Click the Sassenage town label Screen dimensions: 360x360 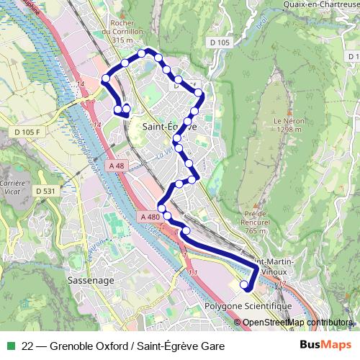[x=86, y=277]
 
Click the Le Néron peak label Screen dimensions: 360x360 [x=287, y=125]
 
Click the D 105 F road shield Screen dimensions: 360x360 [x=27, y=132]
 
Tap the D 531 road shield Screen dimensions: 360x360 [x=45, y=191]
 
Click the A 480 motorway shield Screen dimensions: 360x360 [x=150, y=217]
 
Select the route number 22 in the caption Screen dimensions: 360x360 [x=28, y=346]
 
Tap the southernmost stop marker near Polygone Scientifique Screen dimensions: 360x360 [x=244, y=285]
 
